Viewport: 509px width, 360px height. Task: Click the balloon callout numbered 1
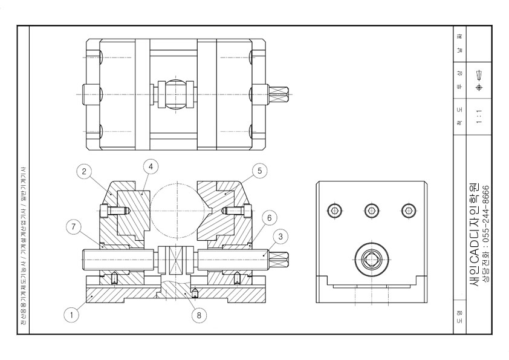[x=72, y=314]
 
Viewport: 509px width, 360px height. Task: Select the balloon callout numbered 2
[x=87, y=171]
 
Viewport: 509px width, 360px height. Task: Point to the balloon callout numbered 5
[x=259, y=171]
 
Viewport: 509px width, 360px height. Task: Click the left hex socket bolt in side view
[x=334, y=211]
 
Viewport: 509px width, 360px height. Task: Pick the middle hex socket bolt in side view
[x=371, y=211]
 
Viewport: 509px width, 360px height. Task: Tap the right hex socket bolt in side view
[x=409, y=211]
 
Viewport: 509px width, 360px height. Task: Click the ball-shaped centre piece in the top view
[x=175, y=94]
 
